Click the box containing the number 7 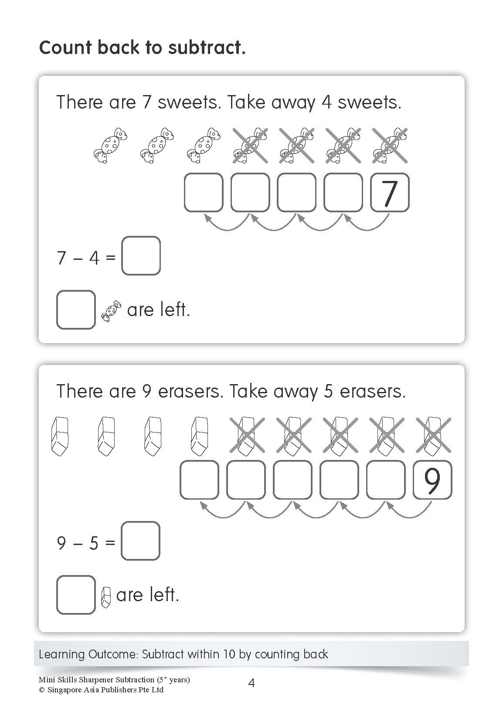click(x=389, y=192)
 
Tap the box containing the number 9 click(x=432, y=480)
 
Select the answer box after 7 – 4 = click(x=141, y=256)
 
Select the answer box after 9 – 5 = click(x=140, y=541)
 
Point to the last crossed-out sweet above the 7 click(x=390, y=146)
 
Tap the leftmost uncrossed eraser click(x=60, y=436)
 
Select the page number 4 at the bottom click(x=251, y=683)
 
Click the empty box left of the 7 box click(x=343, y=192)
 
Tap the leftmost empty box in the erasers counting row click(x=199, y=480)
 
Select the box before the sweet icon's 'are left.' click(x=76, y=310)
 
